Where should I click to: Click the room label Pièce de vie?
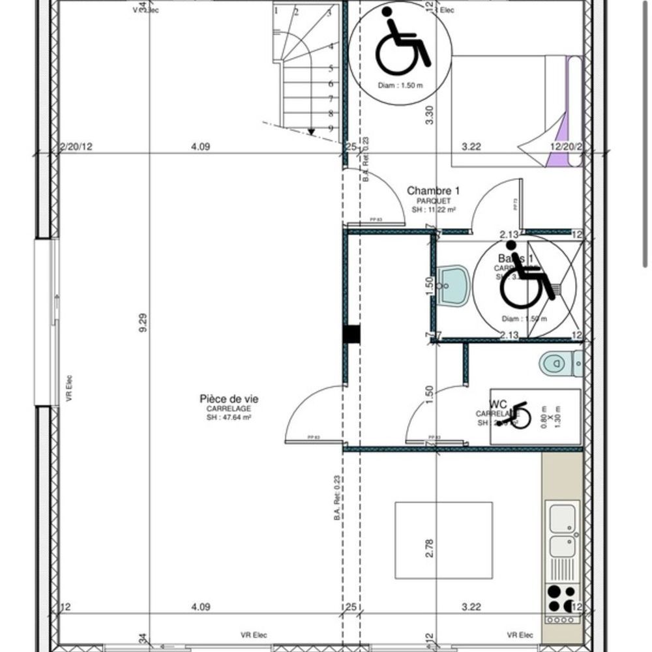pos(224,399)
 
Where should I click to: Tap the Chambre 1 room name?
pos(433,190)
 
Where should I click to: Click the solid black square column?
pos(351,334)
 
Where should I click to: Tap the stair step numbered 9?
pos(331,128)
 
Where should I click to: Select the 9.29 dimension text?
pos(143,322)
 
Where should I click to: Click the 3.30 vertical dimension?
pos(429,115)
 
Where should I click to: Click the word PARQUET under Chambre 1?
pos(433,201)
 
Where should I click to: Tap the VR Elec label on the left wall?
pos(69,388)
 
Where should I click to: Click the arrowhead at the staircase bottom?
pos(312,132)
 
